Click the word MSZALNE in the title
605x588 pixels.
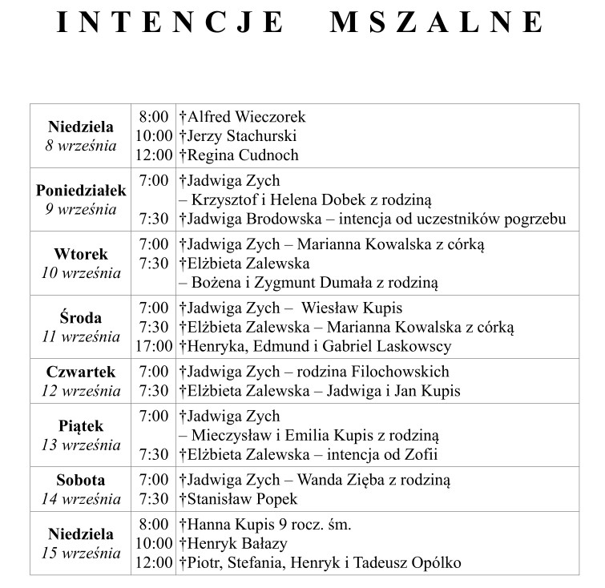(436, 22)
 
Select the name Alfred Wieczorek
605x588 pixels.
(246, 117)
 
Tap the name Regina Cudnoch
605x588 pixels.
(242, 155)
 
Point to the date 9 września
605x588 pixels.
(81, 210)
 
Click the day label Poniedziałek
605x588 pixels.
(81, 191)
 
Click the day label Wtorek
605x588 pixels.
(81, 255)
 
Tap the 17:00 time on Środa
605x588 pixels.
(154, 347)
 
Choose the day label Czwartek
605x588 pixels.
(81, 372)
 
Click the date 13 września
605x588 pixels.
(81, 445)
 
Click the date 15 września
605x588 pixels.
(81, 554)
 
